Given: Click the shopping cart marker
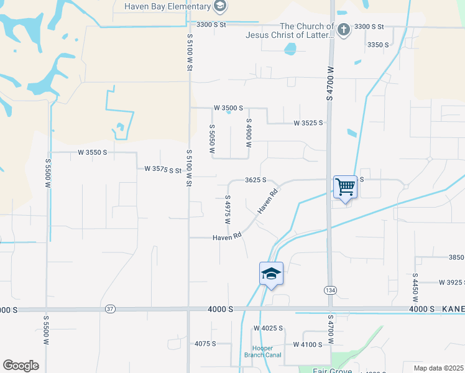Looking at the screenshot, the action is (x=345, y=186).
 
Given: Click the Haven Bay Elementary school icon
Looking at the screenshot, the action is (x=219, y=6).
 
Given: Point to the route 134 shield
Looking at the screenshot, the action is (x=329, y=290).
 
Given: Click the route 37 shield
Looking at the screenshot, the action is (x=111, y=309).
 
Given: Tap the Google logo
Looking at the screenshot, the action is (x=21, y=366).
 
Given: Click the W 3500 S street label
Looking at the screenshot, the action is (x=228, y=108).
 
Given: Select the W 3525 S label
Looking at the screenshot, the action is (x=308, y=123).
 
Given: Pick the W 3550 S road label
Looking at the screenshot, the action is (x=93, y=152).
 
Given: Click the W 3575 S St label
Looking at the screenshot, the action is (x=162, y=168).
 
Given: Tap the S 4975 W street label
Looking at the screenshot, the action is (x=228, y=213).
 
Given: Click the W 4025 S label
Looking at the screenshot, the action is (x=268, y=328).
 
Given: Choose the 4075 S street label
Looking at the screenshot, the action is (x=205, y=343).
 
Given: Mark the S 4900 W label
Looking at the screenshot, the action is (x=249, y=132).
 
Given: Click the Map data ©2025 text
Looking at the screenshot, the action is (x=431, y=367).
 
